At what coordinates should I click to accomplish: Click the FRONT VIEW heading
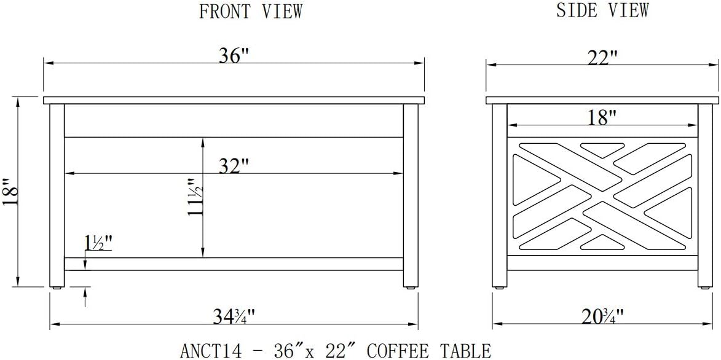[251, 11]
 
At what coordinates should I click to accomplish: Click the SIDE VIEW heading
[602, 10]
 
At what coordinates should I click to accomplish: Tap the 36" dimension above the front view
[234, 55]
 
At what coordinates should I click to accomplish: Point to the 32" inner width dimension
[234, 166]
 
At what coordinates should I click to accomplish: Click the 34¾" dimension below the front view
[233, 316]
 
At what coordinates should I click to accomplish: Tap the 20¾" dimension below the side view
[602, 316]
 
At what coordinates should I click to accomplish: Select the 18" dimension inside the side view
[602, 117]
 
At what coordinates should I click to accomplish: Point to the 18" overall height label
[10, 192]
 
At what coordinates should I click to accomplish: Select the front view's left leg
[57, 190]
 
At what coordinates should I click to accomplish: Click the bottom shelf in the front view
[234, 264]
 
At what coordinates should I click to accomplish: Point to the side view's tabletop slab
[602, 100]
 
